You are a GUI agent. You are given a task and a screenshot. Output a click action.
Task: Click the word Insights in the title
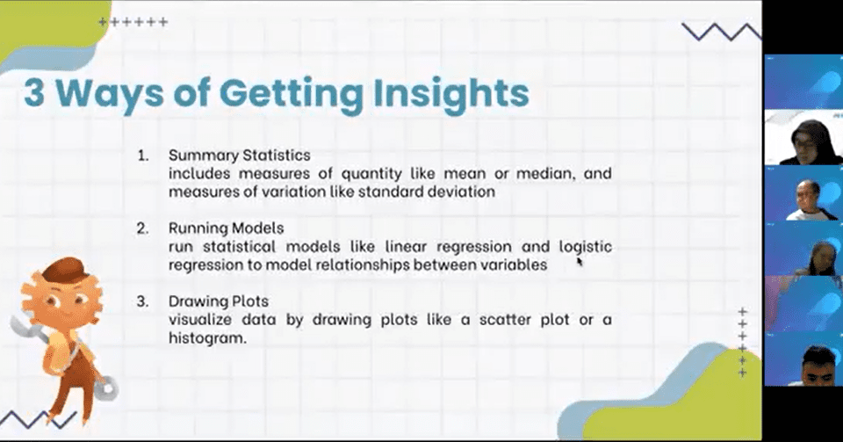pyautogui.click(x=451, y=93)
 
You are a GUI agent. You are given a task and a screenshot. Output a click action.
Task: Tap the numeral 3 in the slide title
pyautogui.click(x=34, y=92)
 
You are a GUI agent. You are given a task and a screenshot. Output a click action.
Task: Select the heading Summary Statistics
pyautogui.click(x=239, y=156)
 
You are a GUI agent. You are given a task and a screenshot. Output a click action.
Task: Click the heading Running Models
pyautogui.click(x=226, y=228)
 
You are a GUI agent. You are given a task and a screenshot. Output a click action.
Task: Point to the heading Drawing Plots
pyautogui.click(x=219, y=301)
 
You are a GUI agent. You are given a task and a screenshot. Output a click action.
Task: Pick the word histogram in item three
pyautogui.click(x=207, y=338)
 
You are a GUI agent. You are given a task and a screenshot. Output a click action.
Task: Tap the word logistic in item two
pyautogui.click(x=586, y=247)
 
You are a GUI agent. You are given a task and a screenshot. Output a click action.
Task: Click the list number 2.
pyautogui.click(x=142, y=228)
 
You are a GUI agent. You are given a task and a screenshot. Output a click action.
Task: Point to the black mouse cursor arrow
pyautogui.click(x=580, y=261)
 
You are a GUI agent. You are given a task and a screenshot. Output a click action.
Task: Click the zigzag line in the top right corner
pyautogui.click(x=722, y=32)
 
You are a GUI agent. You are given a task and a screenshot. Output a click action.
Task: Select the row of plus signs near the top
pyautogui.click(x=133, y=22)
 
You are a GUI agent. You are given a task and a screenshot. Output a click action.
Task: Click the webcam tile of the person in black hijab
pyautogui.click(x=803, y=137)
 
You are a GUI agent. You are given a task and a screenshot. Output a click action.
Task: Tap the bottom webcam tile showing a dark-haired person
pyautogui.click(x=803, y=359)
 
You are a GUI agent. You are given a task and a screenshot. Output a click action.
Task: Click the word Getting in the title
pyautogui.click(x=291, y=95)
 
